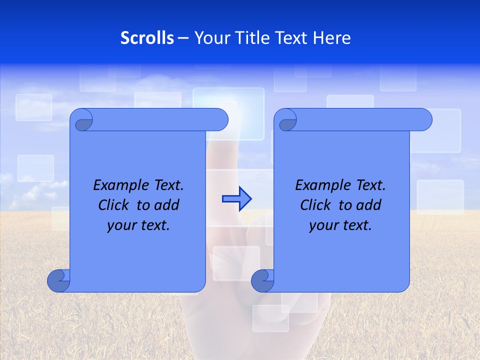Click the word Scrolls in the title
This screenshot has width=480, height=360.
click(x=147, y=38)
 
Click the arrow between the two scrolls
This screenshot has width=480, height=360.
click(x=236, y=199)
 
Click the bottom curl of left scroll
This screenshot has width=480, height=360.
click(x=58, y=280)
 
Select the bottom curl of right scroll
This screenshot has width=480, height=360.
click(x=262, y=280)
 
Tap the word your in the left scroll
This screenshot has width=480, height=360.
click(x=120, y=225)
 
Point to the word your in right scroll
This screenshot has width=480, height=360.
click(x=322, y=225)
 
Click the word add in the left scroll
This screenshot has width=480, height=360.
click(x=167, y=205)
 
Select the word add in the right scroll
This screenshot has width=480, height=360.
click(x=369, y=205)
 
